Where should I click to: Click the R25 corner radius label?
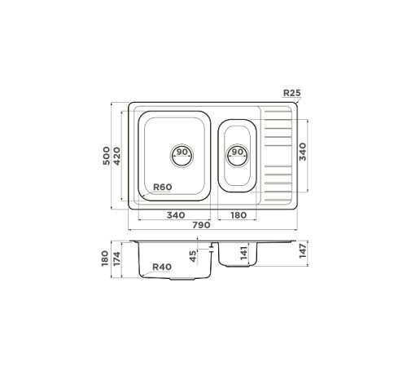[x=291, y=94]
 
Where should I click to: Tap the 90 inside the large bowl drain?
[x=182, y=153]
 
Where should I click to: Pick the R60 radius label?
[x=162, y=188]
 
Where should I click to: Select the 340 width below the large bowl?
[x=174, y=215]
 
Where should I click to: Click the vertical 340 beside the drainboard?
[x=304, y=152]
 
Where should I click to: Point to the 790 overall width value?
[x=202, y=224]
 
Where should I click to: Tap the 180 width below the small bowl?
[x=239, y=215]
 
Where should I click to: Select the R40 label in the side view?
[x=162, y=267]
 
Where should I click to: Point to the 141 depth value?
[x=243, y=253]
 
